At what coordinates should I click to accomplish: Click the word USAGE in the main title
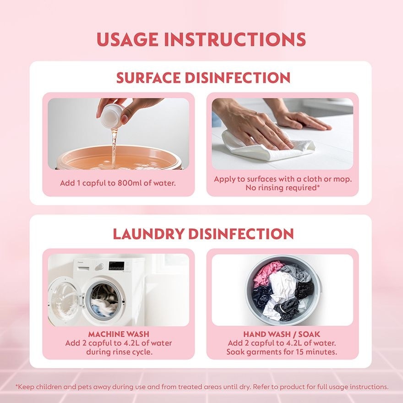pyautogui.click(x=127, y=39)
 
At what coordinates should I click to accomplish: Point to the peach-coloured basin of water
pyautogui.click(x=119, y=158)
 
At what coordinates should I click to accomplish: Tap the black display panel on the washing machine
pyautogui.click(x=117, y=266)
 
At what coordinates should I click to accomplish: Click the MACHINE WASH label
pyautogui.click(x=119, y=334)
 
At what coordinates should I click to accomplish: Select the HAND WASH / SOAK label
pyautogui.click(x=282, y=334)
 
